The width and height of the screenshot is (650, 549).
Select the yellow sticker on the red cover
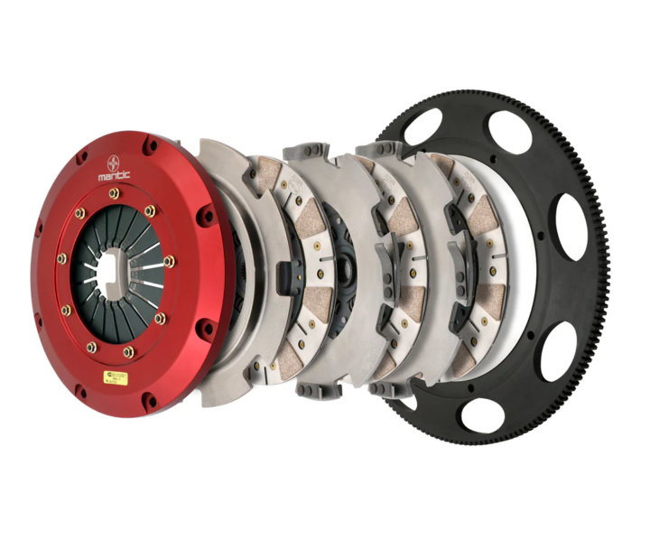click(116, 377)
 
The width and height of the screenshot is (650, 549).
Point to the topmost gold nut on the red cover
click(114, 192)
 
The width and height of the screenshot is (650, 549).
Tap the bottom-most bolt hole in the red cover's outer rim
click(150, 401)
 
